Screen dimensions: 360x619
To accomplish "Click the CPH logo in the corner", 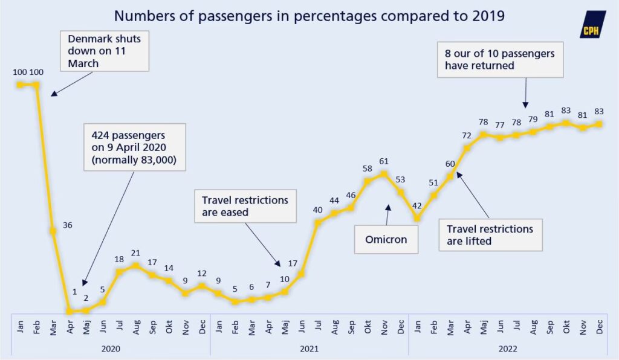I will (592, 25).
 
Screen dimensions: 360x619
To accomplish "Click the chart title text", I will (309, 16).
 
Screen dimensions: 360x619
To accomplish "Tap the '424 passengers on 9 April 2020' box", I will (134, 147).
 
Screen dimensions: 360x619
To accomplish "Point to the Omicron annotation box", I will (386, 239).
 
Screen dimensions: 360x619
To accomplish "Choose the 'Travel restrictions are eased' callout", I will (245, 206).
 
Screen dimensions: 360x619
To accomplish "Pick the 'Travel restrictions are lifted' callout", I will (490, 235).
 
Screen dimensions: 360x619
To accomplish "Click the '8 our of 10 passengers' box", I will (499, 60).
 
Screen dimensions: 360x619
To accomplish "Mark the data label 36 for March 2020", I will (67, 225).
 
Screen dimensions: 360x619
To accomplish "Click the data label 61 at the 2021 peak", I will (384, 161).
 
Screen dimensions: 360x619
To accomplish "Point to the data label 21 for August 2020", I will (136, 252).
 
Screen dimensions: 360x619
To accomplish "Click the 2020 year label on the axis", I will (111, 349).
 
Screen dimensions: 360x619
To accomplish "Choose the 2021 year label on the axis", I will (309, 349).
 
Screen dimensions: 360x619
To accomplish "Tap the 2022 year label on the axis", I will (507, 349).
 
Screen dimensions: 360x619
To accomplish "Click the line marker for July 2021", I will (318, 223).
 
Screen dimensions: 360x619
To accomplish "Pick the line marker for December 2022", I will (599, 124).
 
